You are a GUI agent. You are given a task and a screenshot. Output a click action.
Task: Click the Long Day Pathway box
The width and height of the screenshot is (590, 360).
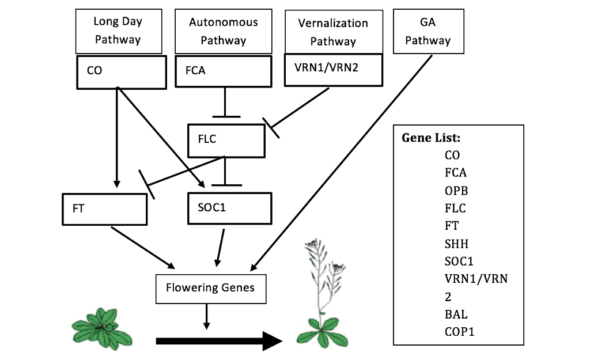click(118, 31)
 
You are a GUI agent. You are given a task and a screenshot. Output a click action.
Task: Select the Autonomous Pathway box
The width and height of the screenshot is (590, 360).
click(224, 31)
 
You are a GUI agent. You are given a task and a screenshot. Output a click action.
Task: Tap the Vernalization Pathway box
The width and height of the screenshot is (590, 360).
click(333, 31)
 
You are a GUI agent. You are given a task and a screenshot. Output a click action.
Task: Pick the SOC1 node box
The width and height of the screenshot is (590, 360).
click(229, 208)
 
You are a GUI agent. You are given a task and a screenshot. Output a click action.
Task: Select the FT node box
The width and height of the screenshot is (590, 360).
click(104, 209)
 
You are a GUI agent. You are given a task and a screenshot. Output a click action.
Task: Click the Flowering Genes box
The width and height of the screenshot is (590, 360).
click(210, 288)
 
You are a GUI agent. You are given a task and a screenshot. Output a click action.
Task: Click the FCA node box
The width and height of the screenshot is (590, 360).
click(223, 73)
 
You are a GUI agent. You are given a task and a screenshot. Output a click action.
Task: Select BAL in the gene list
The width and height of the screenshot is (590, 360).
click(456, 314)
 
